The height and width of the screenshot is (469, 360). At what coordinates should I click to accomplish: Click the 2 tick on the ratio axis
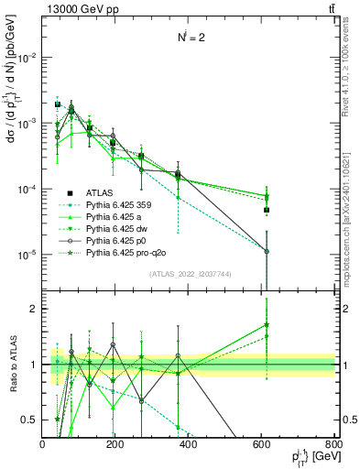[x=36, y=309]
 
